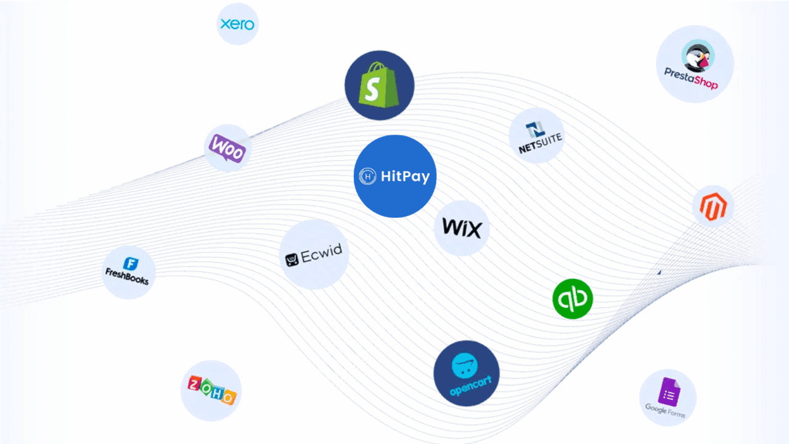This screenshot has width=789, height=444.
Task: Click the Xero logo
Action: pyautogui.click(x=237, y=24)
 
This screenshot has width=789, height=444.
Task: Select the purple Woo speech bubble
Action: pyautogui.click(x=227, y=148)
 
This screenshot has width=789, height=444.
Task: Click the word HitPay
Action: pyautogui.click(x=405, y=176)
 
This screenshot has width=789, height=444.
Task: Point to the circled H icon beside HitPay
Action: pyautogui.click(x=368, y=176)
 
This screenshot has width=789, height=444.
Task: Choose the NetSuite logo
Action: pyautogui.click(x=536, y=135)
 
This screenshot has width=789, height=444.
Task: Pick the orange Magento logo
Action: pyautogui.click(x=713, y=207)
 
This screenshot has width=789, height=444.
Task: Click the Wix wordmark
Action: pyautogui.click(x=462, y=228)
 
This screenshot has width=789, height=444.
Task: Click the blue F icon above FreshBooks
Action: pyautogui.click(x=129, y=264)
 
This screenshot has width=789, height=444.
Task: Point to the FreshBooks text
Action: pyautogui.click(x=127, y=277)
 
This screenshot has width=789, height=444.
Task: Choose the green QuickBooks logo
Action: pyautogui.click(x=573, y=299)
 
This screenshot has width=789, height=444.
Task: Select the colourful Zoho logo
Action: pyautogui.click(x=211, y=390)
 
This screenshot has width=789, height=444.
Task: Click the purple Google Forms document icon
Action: pyautogui.click(x=669, y=390)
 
